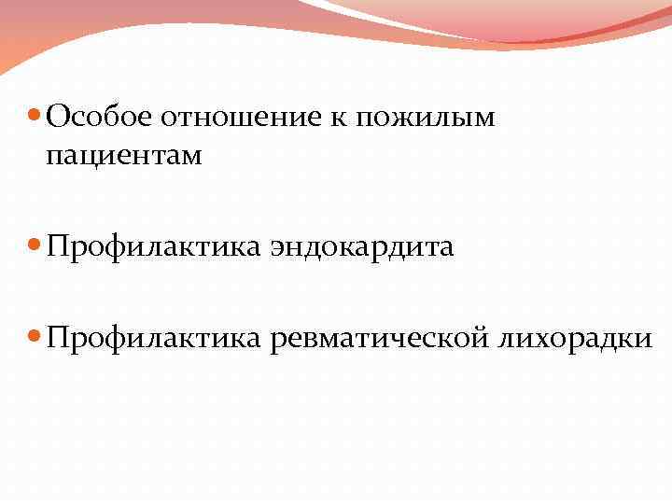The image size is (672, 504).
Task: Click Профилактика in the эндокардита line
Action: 151,247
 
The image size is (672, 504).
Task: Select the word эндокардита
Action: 362,247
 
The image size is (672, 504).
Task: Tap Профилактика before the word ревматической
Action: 151,339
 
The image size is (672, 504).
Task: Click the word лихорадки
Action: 575,339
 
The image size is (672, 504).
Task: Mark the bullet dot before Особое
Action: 35,116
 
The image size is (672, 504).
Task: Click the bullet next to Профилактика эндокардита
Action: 35,247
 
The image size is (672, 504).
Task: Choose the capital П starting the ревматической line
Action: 57,338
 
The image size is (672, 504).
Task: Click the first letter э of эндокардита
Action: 278,249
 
